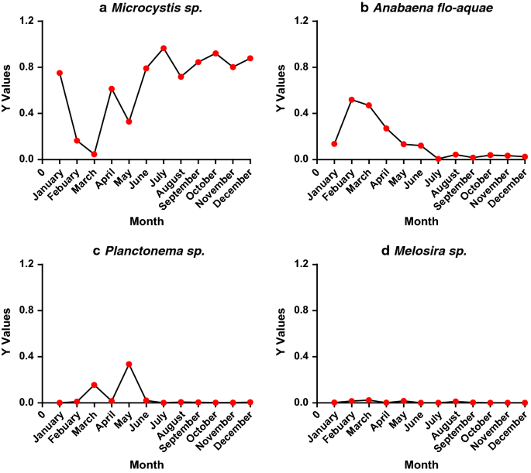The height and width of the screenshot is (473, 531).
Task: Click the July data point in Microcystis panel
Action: pyautogui.click(x=164, y=48)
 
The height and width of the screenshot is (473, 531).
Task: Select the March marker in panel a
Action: pyautogui.click(x=95, y=154)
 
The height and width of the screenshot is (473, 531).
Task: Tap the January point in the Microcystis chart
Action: pyautogui.click(x=60, y=73)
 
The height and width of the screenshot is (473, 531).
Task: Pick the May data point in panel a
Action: pyautogui.click(x=129, y=122)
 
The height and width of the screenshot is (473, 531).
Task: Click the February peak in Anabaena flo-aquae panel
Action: pyautogui.click(x=352, y=99)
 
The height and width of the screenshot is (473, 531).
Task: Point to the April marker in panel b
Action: pyautogui.click(x=386, y=129)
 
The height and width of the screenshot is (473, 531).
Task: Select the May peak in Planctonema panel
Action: pyautogui.click(x=129, y=364)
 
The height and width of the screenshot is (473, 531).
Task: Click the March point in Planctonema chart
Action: pyautogui.click(x=95, y=385)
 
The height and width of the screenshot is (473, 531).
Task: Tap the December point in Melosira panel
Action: pyautogui.click(x=525, y=403)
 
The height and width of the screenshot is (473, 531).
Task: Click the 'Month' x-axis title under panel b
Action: pyautogui.click(x=421, y=221)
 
